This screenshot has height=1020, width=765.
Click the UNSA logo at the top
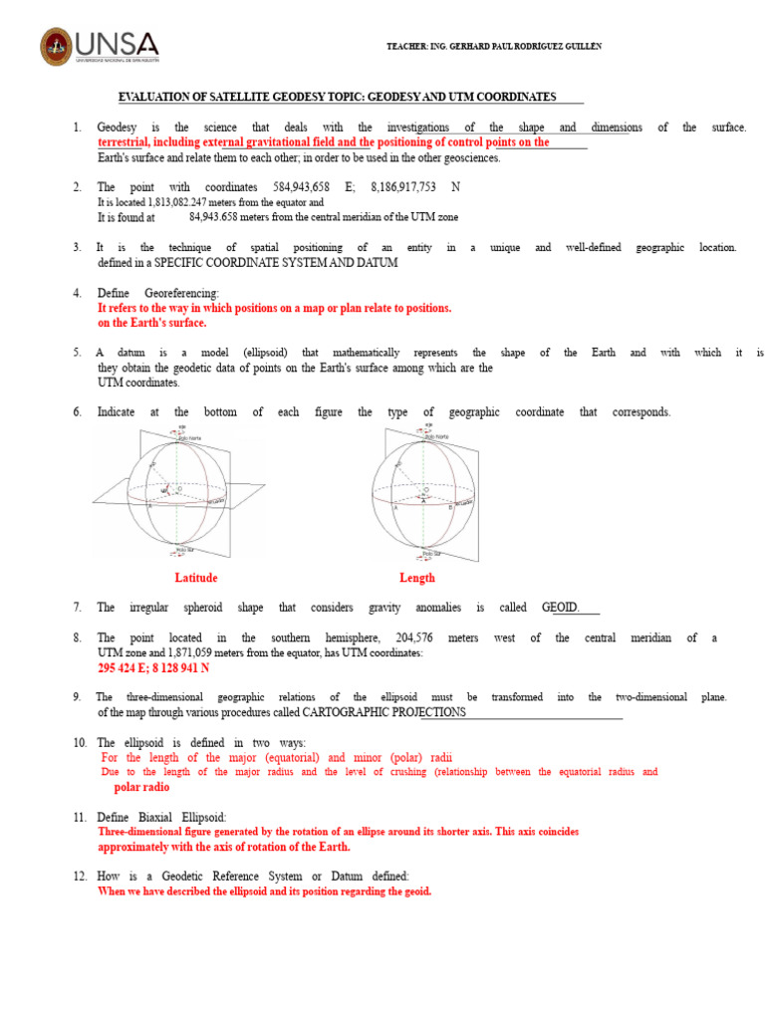point(99,46)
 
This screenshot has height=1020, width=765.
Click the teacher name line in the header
point(493,47)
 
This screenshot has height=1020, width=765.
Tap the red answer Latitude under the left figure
point(195,578)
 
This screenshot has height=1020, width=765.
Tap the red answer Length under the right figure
point(417,578)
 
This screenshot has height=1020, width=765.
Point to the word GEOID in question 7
point(559,607)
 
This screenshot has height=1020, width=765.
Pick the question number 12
point(81,876)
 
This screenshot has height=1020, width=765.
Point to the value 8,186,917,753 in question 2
point(407,187)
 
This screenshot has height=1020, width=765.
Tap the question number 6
point(77,412)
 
